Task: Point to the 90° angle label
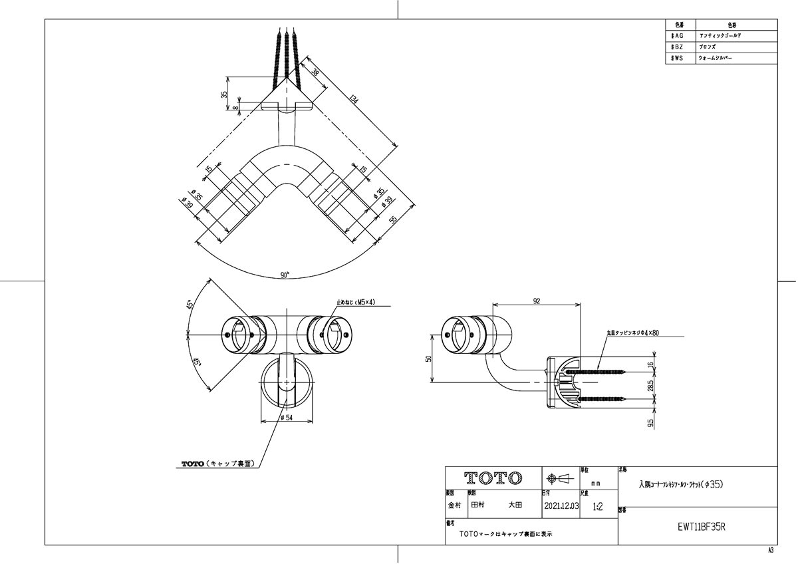point(285,275)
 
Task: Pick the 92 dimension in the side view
point(537,301)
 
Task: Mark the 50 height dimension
point(430,358)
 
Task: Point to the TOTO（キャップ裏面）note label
point(217,464)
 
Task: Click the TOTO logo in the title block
point(493,478)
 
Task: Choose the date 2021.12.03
point(561,506)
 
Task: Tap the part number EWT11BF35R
point(698,525)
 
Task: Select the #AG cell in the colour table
point(678,35)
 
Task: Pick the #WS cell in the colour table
point(678,59)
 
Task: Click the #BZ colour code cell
point(678,47)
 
